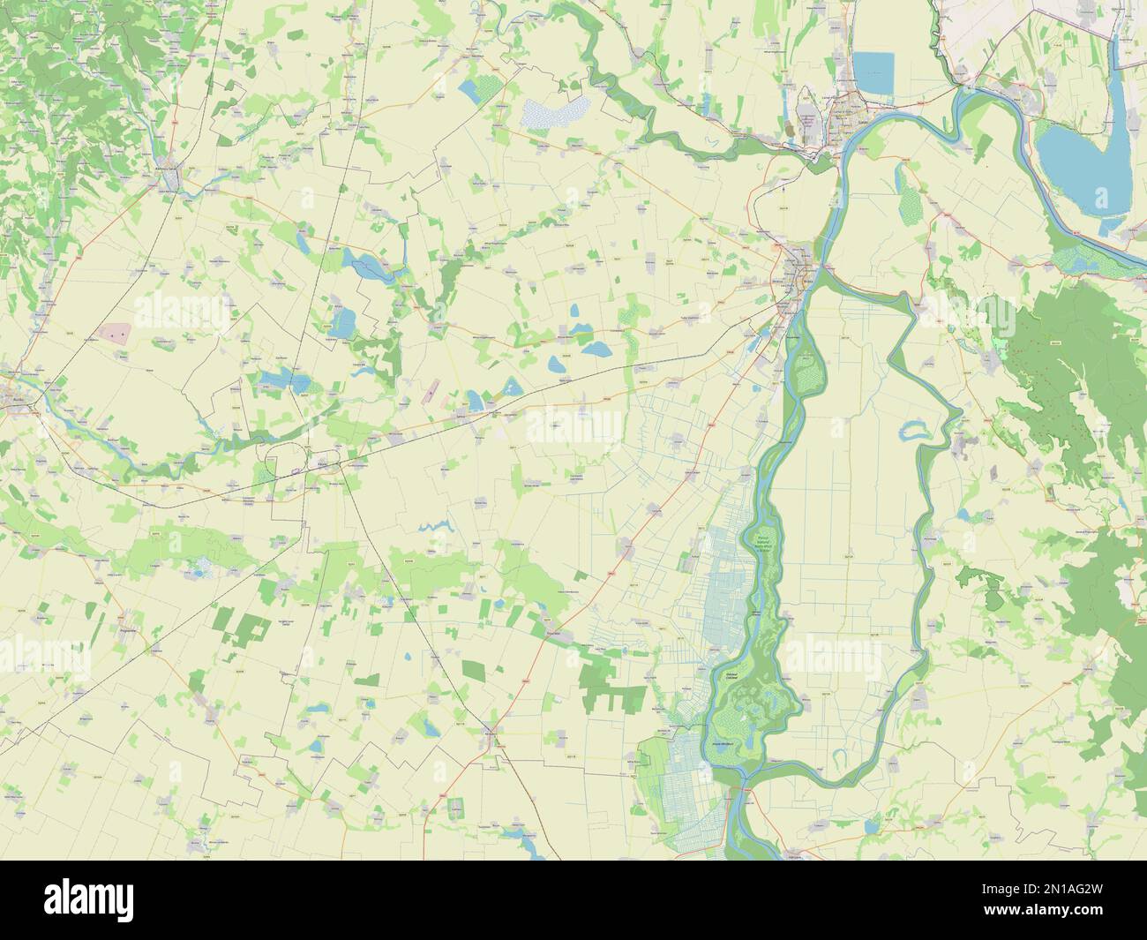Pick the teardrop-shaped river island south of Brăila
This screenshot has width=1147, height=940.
tap(805, 371)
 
